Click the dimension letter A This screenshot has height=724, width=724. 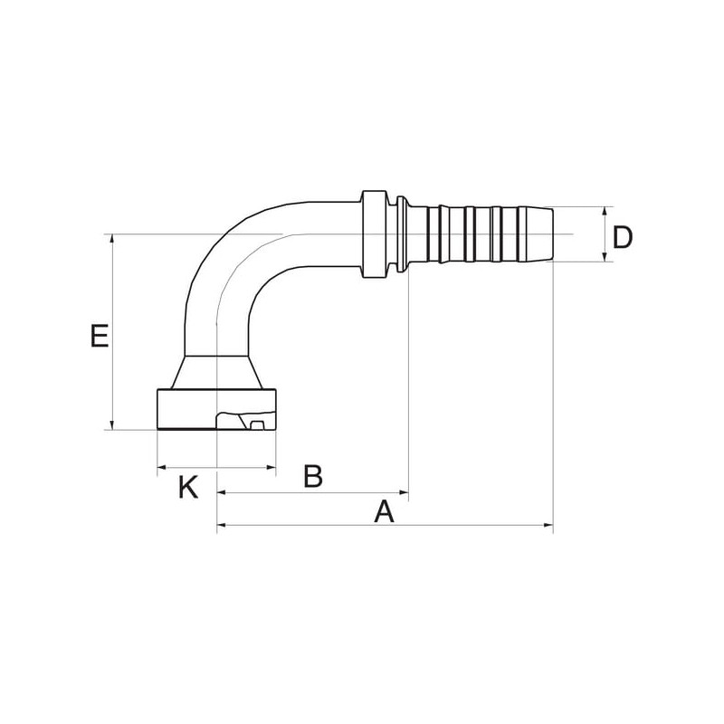pyautogui.click(x=384, y=511)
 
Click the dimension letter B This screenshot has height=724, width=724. pyautogui.click(x=313, y=477)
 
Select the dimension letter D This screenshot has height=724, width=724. pyautogui.click(x=623, y=238)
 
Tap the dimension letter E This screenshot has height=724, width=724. pyautogui.click(x=100, y=336)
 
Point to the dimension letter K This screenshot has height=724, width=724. pyautogui.click(x=188, y=488)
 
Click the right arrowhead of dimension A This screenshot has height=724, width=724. pyautogui.click(x=548, y=525)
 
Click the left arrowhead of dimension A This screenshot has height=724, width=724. pyautogui.click(x=222, y=525)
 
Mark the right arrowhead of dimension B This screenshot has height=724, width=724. pyautogui.click(x=404, y=492)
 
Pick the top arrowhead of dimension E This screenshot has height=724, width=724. pyautogui.click(x=112, y=239)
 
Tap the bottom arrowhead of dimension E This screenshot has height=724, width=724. pyautogui.click(x=112, y=425)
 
